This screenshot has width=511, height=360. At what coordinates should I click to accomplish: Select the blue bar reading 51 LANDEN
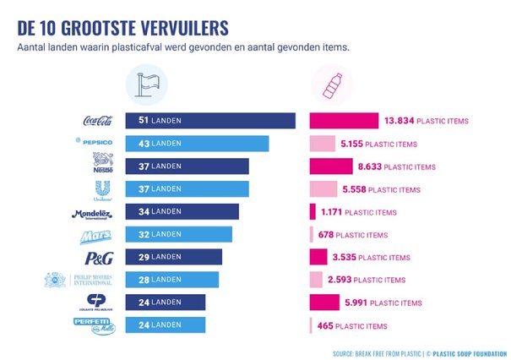coord(210,121)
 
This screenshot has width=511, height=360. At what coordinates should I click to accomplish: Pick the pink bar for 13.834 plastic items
coord(344,121)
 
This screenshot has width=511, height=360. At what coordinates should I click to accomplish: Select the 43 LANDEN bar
coord(197,143)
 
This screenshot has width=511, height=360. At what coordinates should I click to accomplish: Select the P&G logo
coord(100,257)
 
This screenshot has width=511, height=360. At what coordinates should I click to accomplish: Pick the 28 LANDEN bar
coord(172,280)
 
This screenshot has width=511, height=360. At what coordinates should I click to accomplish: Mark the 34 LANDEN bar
coord(182,211)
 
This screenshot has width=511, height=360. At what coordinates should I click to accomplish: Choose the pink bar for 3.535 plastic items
coord(318,257)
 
